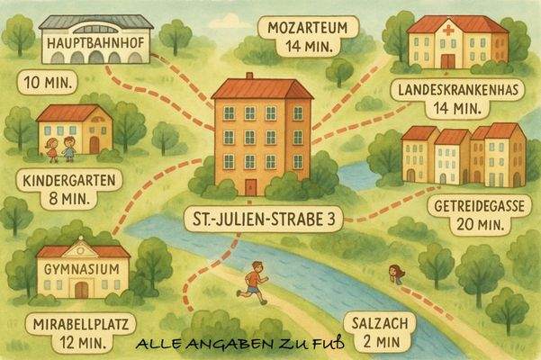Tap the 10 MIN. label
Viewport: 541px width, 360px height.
pos(47,85)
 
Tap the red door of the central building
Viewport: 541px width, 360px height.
pos(250,186)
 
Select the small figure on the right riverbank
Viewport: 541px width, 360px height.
pos(394,272)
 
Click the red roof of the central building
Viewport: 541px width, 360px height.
pos(262,88)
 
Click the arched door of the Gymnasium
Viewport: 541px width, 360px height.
pos(82,289)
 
